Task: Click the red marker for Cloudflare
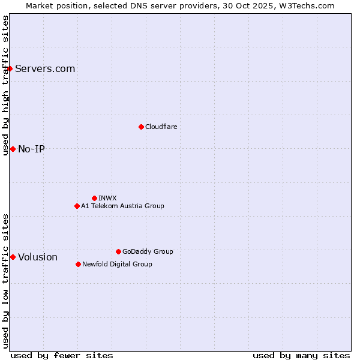141,127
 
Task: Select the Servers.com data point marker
10,68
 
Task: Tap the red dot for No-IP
13,149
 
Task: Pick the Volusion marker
13,257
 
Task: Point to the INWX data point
94,198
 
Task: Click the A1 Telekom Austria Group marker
77,206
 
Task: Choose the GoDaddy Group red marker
118,251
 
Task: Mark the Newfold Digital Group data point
78,264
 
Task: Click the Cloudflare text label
161,127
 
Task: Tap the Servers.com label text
45,68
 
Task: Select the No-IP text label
31,149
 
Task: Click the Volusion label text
38,257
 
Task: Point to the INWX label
107,198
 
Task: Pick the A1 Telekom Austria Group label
122,206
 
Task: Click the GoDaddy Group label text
148,251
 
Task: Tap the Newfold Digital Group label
117,264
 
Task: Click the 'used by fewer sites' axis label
62,355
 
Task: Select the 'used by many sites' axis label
301,355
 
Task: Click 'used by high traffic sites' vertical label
5,85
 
